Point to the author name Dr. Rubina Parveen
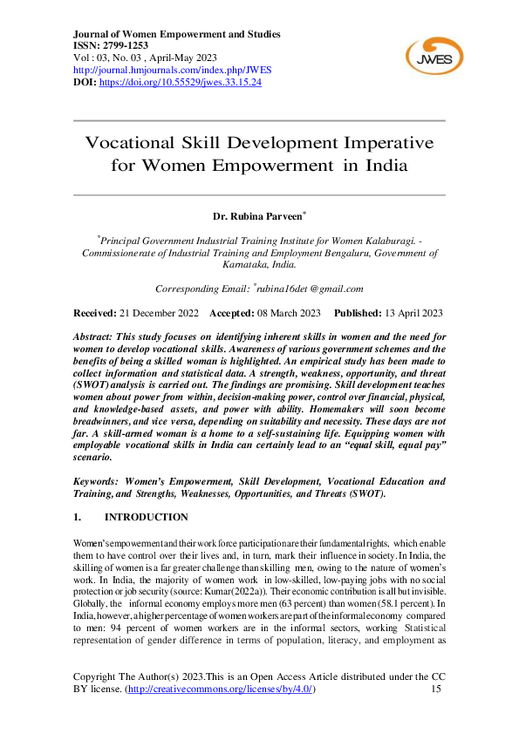click(257, 215)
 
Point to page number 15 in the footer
click(437, 690)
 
